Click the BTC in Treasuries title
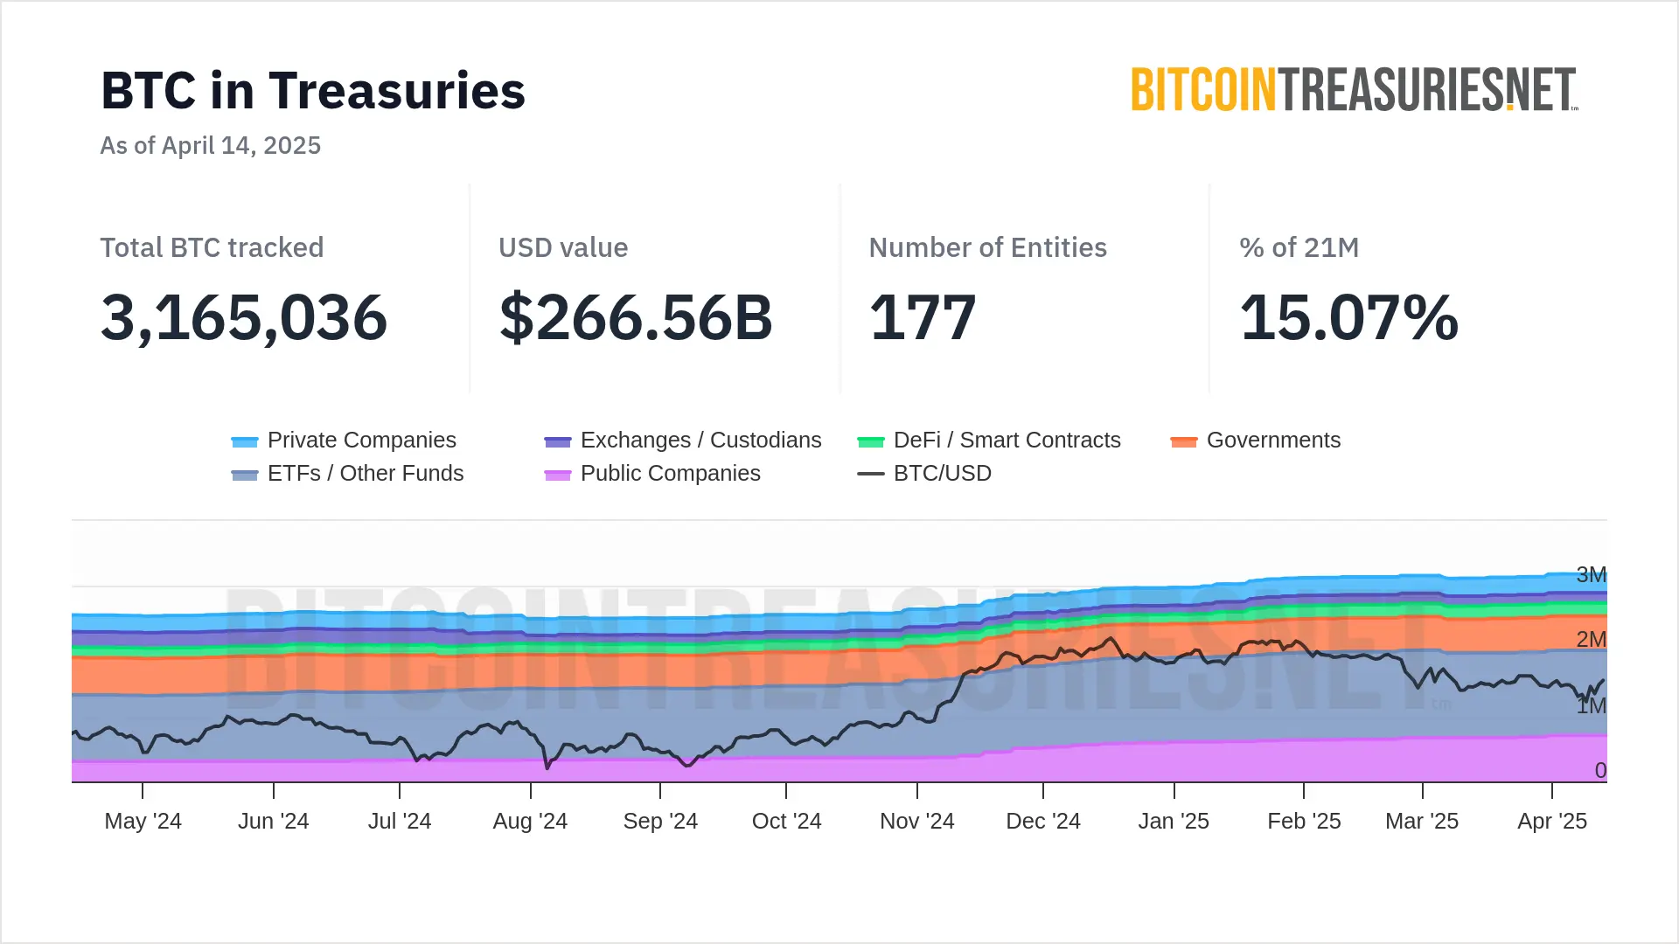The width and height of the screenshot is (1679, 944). click(313, 91)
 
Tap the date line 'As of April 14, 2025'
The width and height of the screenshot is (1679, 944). click(210, 145)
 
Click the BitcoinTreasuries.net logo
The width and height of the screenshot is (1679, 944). click(1354, 90)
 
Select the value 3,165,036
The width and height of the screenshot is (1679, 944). click(244, 317)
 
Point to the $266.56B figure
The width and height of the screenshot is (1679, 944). click(636, 317)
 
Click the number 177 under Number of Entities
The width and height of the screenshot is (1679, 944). click(923, 317)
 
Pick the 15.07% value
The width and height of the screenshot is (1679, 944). click(1348, 317)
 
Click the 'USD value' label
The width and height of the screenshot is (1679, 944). click(563, 247)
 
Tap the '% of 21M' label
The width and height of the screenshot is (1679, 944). click(1299, 247)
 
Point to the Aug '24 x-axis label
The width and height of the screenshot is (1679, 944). click(530, 822)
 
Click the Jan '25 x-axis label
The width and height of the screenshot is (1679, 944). click(1174, 822)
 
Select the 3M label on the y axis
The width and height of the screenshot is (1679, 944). click(1591, 574)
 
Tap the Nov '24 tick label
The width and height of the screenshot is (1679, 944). click(916, 822)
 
